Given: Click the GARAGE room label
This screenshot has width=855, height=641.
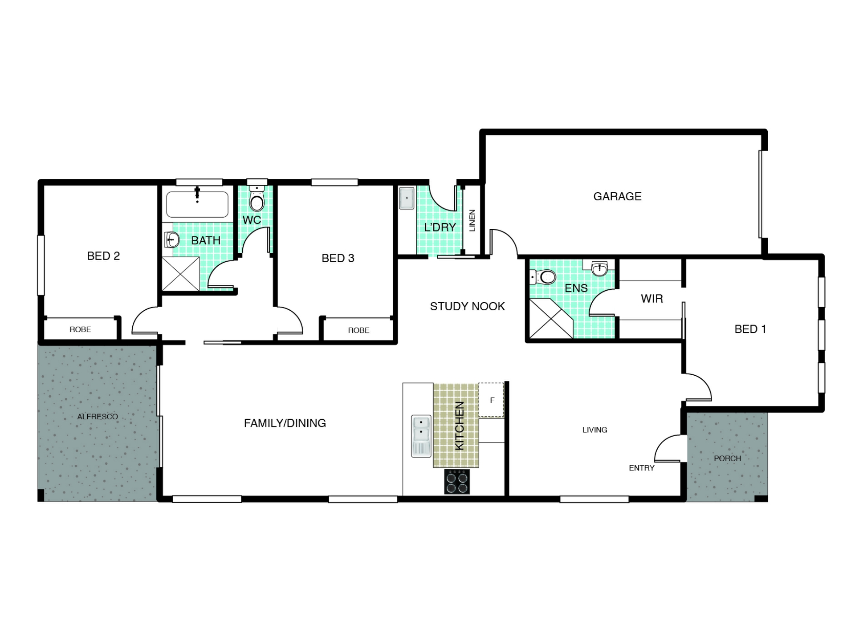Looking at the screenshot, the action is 617,196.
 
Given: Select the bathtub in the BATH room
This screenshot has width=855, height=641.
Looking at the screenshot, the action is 197,204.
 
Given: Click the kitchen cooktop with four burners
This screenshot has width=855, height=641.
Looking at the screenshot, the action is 457,482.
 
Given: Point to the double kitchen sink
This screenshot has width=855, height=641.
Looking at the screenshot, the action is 421,436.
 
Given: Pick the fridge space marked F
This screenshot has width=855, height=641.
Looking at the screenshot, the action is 491,400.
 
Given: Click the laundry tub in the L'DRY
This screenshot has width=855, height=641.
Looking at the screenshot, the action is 407,198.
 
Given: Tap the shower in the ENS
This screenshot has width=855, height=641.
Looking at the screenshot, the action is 551,318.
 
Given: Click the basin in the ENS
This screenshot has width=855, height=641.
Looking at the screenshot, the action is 600,268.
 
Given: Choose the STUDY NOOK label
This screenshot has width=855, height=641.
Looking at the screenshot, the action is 467,306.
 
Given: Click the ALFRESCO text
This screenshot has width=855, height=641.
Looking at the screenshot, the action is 98,417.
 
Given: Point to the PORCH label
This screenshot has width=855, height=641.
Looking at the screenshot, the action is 727,458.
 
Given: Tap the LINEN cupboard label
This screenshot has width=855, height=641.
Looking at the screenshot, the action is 472,220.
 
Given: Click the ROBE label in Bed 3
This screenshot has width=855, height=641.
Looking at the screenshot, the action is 358,330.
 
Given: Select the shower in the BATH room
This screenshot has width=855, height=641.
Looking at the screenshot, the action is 180,274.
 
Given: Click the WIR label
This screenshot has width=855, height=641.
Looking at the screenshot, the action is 652,298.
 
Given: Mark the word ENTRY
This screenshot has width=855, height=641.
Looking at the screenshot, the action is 641,468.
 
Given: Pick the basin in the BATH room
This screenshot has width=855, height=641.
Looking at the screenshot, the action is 171,240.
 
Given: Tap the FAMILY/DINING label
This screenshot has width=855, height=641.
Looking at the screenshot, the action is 285,423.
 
